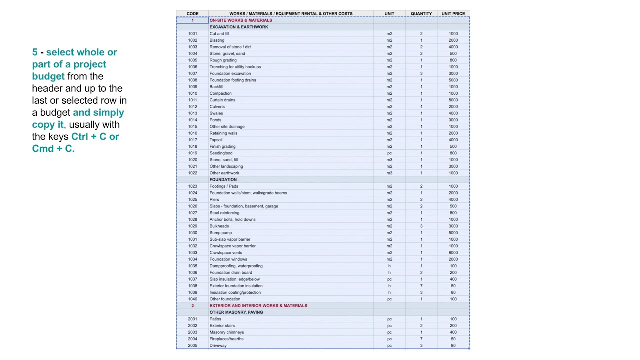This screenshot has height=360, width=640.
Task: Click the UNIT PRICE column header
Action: [453, 14]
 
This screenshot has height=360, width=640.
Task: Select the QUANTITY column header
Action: [421, 14]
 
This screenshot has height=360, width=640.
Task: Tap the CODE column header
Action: [192, 14]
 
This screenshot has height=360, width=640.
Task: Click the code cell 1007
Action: [192, 73]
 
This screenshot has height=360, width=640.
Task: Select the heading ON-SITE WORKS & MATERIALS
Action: [241, 20]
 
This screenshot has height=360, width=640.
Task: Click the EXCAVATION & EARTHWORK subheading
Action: [239, 27]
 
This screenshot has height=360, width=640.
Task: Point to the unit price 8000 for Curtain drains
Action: [453, 100]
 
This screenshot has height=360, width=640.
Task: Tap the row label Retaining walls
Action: [223, 133]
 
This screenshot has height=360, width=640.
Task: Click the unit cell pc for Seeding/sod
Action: [389, 153]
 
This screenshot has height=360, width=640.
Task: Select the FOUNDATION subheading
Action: [223, 179]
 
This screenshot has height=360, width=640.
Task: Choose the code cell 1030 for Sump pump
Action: [192, 233]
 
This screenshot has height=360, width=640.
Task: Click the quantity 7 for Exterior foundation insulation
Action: [421, 286]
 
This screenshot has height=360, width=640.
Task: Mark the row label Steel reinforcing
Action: [224, 213]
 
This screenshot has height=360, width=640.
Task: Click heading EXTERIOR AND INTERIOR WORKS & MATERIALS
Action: [258, 305]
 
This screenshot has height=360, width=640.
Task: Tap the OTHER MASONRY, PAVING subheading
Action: [236, 312]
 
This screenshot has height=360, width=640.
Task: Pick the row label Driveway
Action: [218, 345]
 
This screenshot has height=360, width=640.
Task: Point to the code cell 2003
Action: [192, 332]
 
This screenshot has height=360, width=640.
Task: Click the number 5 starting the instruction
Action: [35, 52]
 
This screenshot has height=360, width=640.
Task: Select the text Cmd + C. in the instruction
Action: [53, 148]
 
